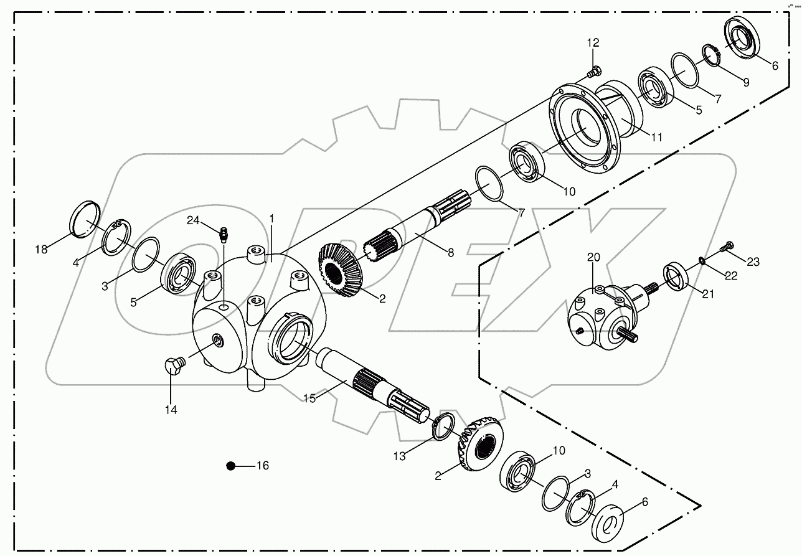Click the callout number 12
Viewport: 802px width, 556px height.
[x=592, y=42]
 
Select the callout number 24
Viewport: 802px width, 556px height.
[x=193, y=220]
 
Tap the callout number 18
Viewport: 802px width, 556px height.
[x=41, y=250]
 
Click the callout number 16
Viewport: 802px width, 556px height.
[x=263, y=465]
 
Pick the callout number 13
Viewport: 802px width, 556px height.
[x=399, y=456]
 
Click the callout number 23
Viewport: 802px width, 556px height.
[x=753, y=262]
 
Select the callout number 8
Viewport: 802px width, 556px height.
[x=451, y=252]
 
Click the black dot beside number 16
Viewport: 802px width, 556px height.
[x=231, y=465]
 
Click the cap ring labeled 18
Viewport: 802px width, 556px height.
[x=84, y=219]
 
